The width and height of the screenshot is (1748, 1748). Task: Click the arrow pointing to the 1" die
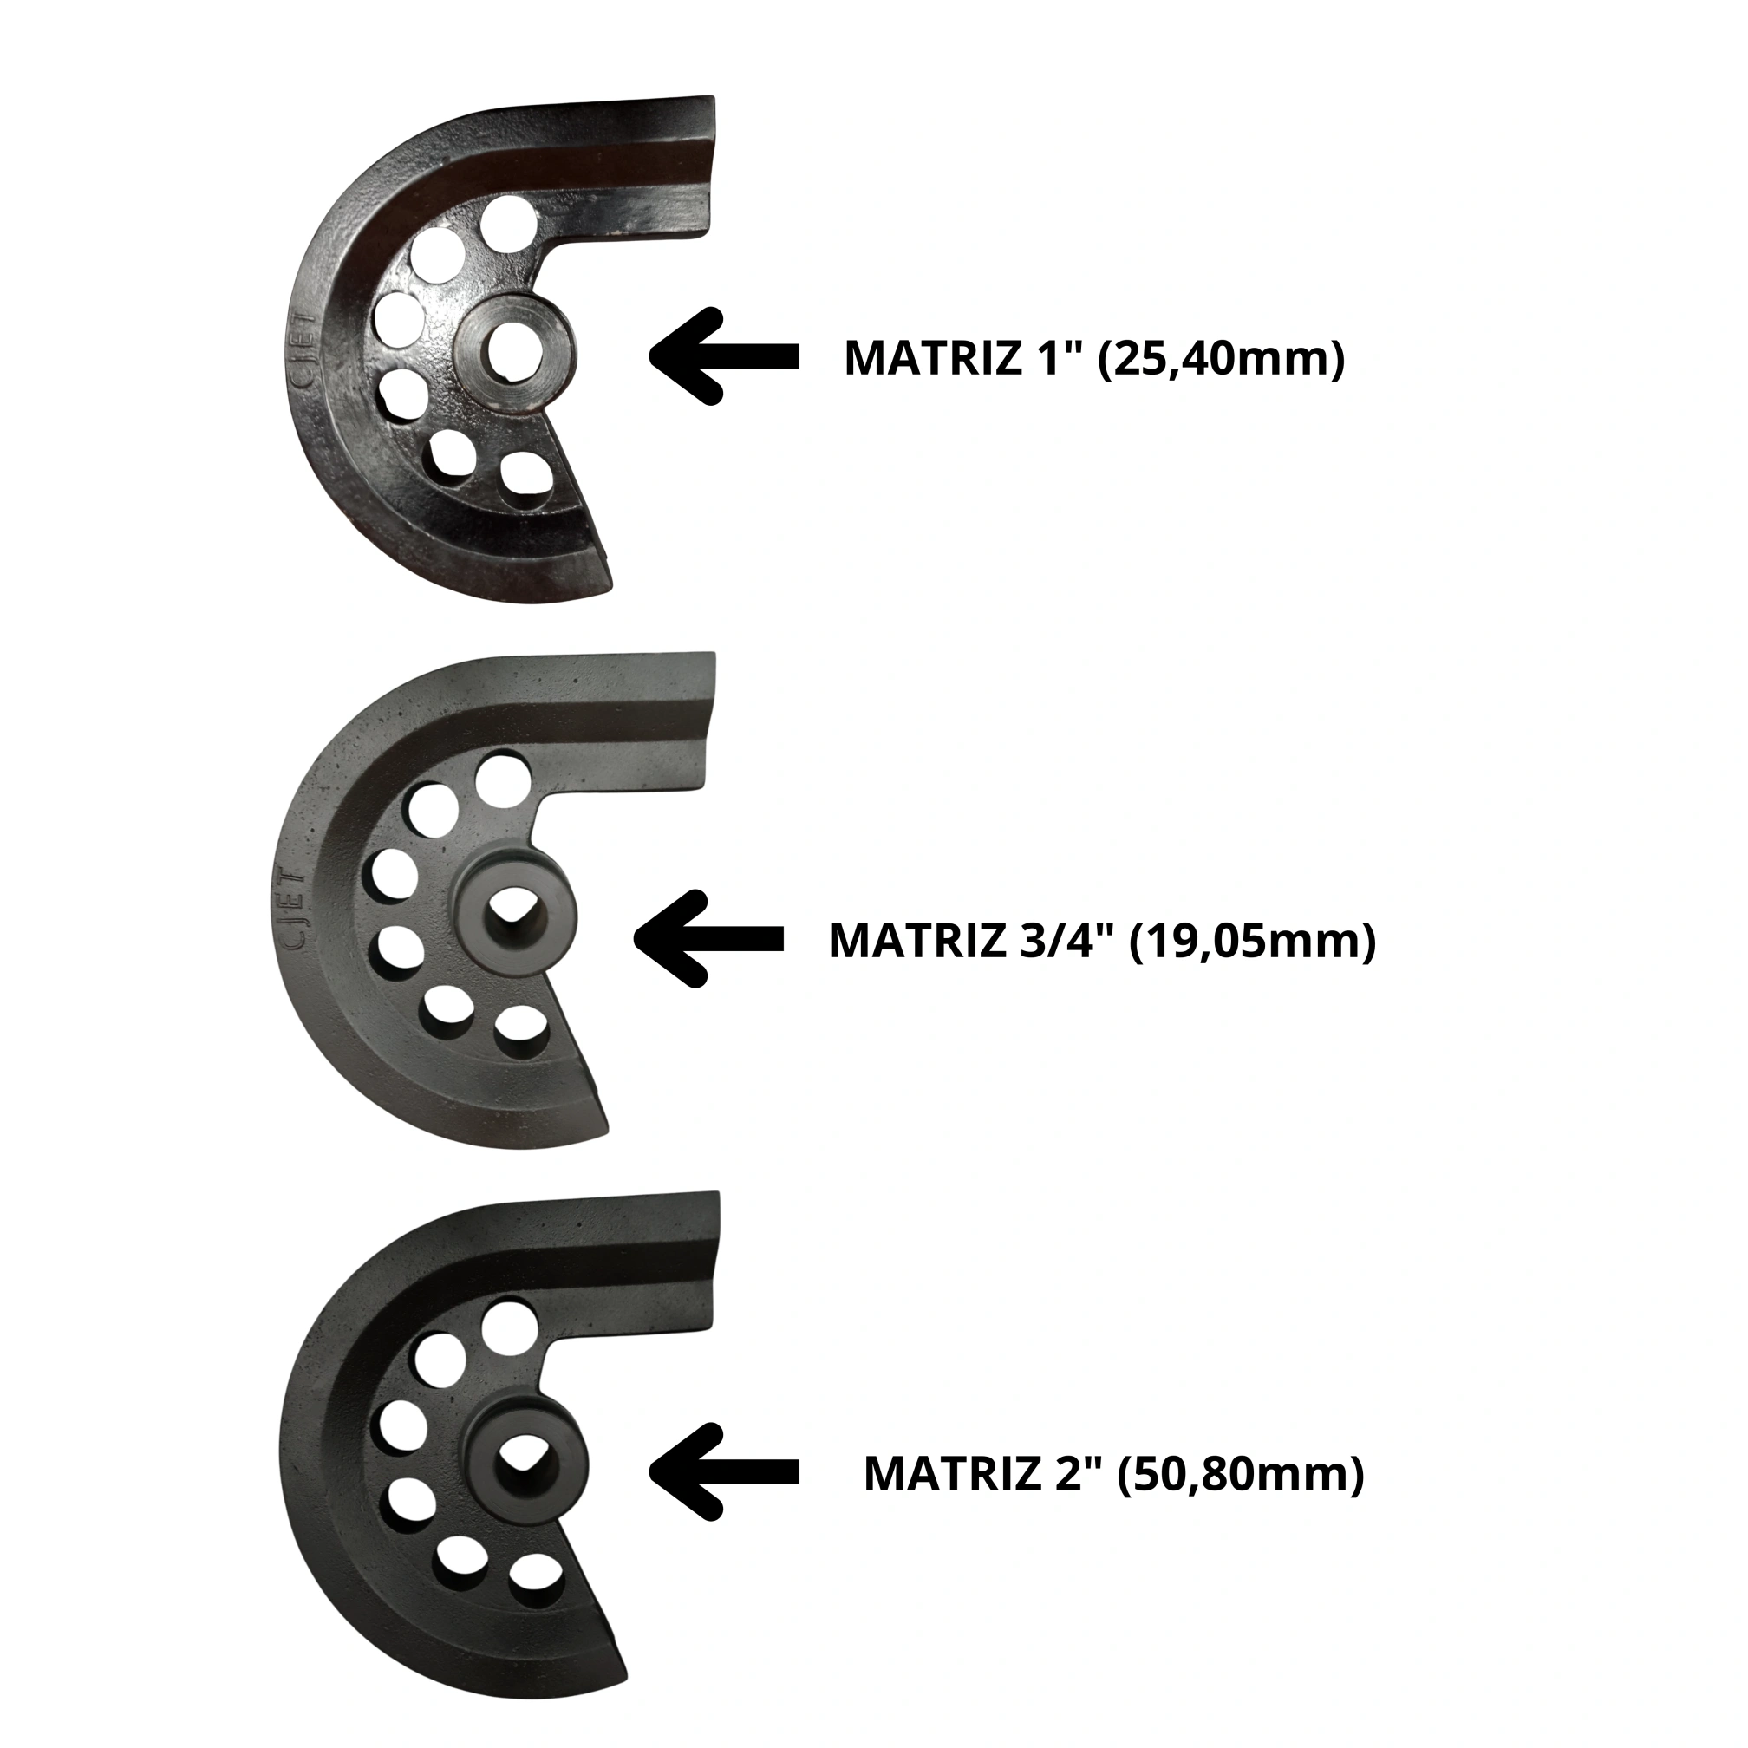tap(724, 356)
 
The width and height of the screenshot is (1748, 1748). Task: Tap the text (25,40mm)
tap(1221, 359)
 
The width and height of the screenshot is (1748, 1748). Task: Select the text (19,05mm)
tap(1252, 941)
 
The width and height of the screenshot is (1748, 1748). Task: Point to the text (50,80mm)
tap(1241, 1475)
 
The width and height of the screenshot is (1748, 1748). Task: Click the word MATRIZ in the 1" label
tap(932, 359)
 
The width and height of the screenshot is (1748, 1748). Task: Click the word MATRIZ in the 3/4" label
tap(916, 941)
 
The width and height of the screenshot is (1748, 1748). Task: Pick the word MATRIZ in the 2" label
tap(952, 1475)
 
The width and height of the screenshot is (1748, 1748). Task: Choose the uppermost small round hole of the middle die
tap(504, 779)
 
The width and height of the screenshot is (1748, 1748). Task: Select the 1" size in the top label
tap(1057, 359)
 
